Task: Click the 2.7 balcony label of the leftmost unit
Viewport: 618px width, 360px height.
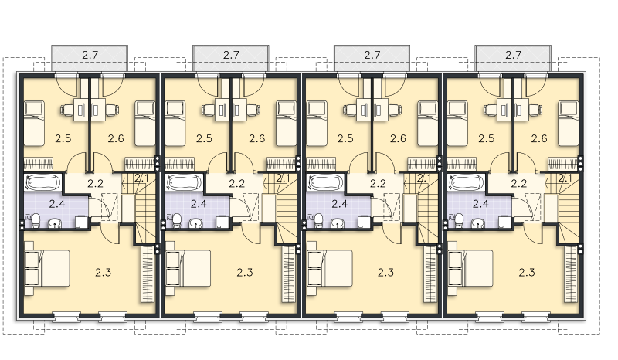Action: (x=90, y=55)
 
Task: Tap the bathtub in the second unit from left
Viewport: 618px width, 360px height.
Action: (x=184, y=182)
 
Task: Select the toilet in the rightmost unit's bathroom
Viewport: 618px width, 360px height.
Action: (x=460, y=220)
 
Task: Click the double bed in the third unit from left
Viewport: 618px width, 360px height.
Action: (x=330, y=268)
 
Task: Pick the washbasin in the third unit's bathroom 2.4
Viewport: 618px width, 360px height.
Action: (x=337, y=223)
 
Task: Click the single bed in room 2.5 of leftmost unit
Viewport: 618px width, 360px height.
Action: (x=34, y=124)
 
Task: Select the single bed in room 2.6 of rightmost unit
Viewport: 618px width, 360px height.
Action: (x=569, y=124)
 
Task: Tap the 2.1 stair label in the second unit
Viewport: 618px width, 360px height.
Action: (x=283, y=178)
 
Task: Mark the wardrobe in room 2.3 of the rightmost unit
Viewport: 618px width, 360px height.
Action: (x=570, y=273)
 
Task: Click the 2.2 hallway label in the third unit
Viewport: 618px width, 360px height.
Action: (x=378, y=183)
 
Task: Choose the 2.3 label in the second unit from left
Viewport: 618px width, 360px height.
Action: (x=245, y=273)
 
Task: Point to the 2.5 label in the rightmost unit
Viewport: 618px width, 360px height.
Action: (x=487, y=138)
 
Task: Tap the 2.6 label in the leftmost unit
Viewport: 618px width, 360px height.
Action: (x=116, y=138)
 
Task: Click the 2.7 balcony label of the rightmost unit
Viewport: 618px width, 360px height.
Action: (x=513, y=55)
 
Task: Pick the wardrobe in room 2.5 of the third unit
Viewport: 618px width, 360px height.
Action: (x=321, y=164)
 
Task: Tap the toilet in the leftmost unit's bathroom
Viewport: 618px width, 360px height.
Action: (x=36, y=220)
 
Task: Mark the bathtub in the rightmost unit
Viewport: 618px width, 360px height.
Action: (x=467, y=182)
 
